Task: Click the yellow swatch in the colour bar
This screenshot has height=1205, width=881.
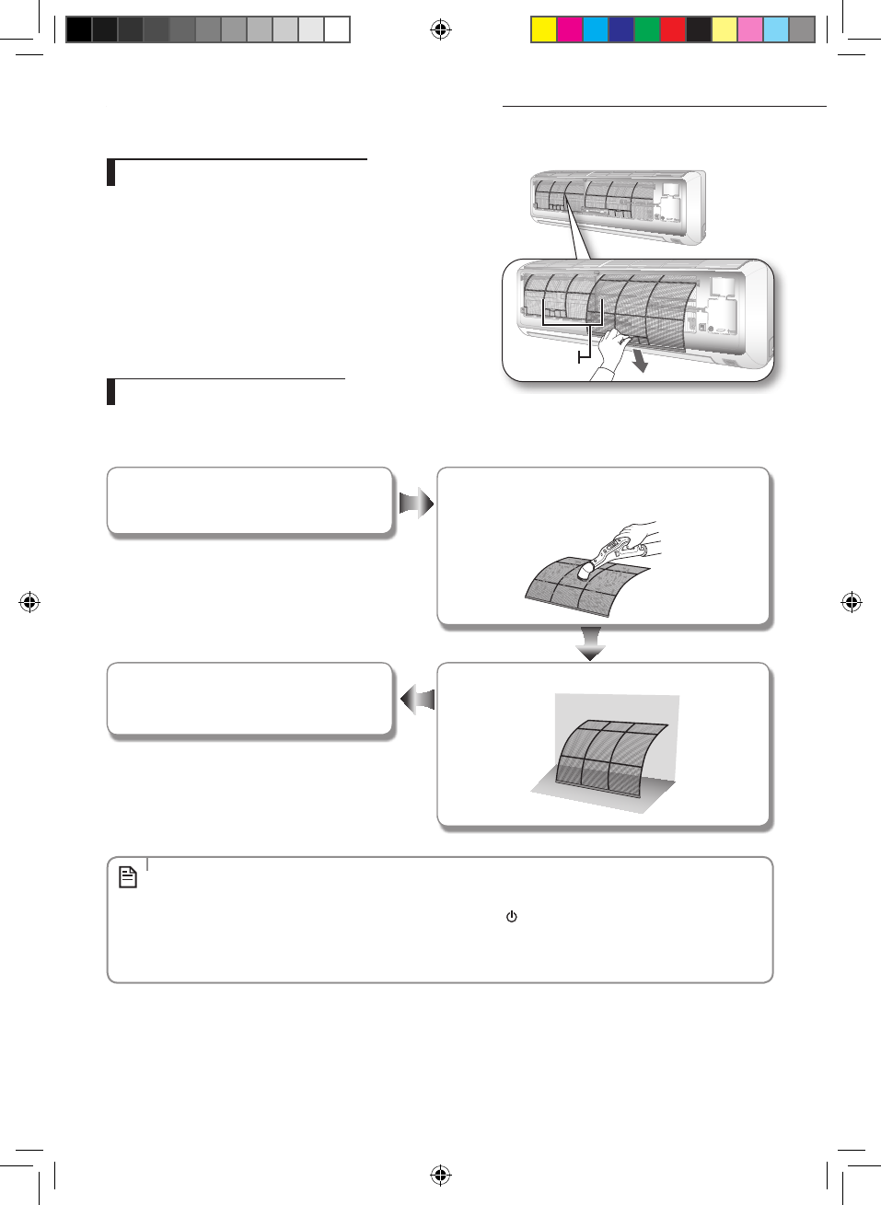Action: [544, 30]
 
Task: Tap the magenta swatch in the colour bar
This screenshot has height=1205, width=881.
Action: [570, 30]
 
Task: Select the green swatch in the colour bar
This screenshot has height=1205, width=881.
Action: [647, 30]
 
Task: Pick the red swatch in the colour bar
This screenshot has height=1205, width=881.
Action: [673, 30]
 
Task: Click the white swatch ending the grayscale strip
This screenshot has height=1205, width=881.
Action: [337, 30]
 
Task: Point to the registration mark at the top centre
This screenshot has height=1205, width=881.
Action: [441, 30]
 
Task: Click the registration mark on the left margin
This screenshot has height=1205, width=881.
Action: [29, 603]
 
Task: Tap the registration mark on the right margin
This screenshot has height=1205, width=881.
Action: [852, 603]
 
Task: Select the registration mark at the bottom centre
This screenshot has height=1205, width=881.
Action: [441, 1175]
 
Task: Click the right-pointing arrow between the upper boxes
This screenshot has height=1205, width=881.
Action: [416, 504]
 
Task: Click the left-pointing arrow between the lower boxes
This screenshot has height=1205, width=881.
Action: [417, 700]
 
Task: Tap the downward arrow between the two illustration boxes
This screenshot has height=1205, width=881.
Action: [590, 643]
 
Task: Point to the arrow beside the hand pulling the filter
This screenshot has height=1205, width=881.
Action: [638, 360]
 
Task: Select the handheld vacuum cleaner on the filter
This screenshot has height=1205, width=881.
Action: [612, 553]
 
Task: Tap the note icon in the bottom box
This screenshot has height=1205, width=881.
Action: [128, 877]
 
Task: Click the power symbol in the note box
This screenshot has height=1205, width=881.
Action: [512, 917]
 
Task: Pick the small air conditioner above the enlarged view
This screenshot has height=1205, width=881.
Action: [618, 206]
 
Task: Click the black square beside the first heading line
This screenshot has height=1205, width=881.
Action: [111, 173]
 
